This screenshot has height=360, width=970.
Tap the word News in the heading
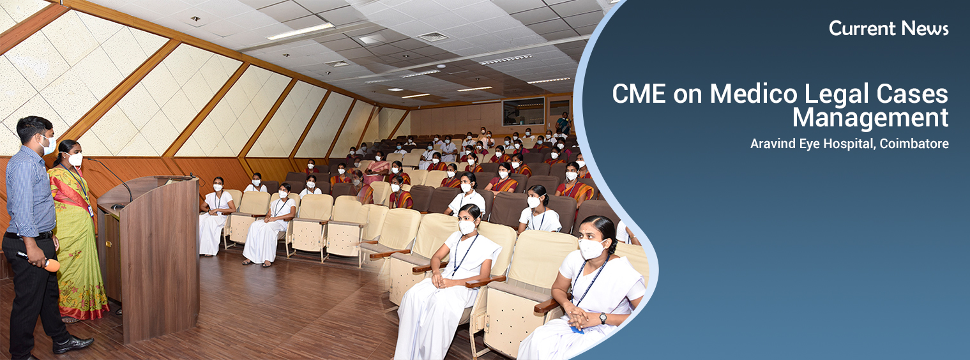925,29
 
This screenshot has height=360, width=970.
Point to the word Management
870,117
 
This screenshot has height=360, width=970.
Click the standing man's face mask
48,145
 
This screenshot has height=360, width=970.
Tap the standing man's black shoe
73,345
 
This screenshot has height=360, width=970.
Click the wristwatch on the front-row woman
603,319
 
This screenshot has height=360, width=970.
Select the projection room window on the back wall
523,111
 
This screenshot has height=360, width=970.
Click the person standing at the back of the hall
563,123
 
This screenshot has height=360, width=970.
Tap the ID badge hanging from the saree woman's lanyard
91,211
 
